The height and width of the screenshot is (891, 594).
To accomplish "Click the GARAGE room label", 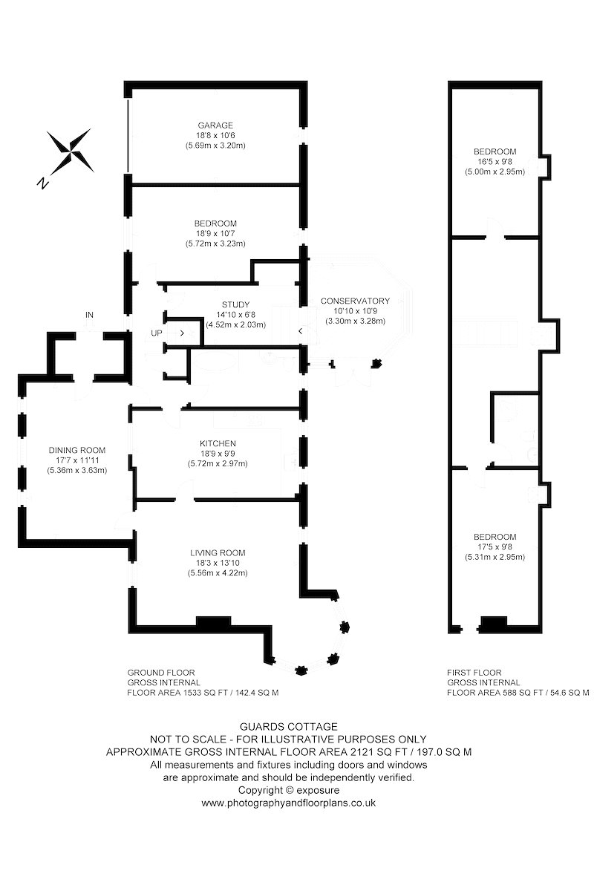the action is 215,125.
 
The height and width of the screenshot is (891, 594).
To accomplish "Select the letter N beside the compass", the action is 42,183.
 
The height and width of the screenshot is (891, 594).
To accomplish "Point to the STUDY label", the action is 235,304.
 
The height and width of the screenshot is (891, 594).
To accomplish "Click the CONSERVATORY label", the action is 355,301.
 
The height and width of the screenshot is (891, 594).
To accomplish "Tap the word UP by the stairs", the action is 157,333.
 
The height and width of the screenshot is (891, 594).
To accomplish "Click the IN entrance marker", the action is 89,315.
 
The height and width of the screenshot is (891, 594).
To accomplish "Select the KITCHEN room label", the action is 218,443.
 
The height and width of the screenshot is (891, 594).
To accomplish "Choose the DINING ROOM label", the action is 76,450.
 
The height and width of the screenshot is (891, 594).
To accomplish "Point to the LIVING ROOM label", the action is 218,553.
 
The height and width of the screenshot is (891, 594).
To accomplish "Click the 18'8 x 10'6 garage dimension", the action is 215,135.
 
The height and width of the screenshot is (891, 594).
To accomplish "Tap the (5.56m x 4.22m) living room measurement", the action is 218,573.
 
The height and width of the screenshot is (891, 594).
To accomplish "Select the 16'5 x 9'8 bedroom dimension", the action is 495,162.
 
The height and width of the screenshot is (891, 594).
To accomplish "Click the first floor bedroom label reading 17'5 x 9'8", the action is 495,547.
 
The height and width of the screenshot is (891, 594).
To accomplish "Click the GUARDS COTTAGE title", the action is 288,727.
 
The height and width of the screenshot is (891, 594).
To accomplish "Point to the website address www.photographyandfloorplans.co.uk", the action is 288,803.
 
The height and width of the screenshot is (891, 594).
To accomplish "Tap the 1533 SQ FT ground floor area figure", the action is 205,693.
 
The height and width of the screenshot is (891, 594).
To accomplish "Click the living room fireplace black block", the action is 214,622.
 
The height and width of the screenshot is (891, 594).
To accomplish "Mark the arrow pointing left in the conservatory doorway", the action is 301,331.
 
